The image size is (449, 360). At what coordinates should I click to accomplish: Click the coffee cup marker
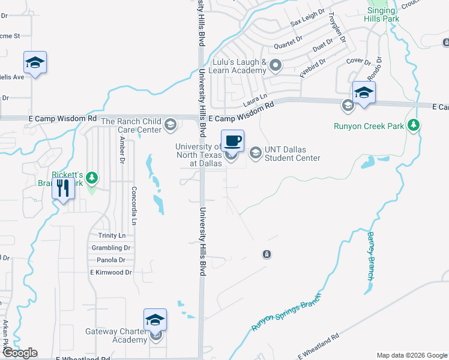pyautogui.click(x=233, y=142)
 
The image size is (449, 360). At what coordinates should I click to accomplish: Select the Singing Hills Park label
pyautogui.click(x=381, y=14)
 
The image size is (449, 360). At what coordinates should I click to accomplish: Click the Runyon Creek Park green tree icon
pyautogui.click(x=413, y=125)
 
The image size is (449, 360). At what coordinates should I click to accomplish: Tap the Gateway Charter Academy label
pyautogui.click(x=116, y=335)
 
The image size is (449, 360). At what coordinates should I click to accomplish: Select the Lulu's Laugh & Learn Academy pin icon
pyautogui.click(x=276, y=65)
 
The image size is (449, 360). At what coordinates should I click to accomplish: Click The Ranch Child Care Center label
pyautogui.click(x=131, y=125)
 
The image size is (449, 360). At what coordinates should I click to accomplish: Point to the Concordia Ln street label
pyautogui.click(x=134, y=205)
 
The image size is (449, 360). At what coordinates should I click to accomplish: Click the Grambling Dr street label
pyautogui.click(x=111, y=248)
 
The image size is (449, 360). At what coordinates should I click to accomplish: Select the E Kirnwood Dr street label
pyautogui.click(x=111, y=272)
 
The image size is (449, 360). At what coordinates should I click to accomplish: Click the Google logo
pyautogui.click(x=19, y=353)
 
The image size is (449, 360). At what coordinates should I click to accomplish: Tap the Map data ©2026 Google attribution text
pyautogui.click(x=411, y=355)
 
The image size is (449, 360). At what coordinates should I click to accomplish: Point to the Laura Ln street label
pyautogui.click(x=255, y=96)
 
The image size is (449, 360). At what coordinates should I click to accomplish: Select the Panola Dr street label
pyautogui.click(x=111, y=260)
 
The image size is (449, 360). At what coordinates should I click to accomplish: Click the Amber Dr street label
pyautogui.click(x=122, y=150)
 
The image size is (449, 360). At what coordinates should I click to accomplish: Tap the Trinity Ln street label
pyautogui.click(x=112, y=236)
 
